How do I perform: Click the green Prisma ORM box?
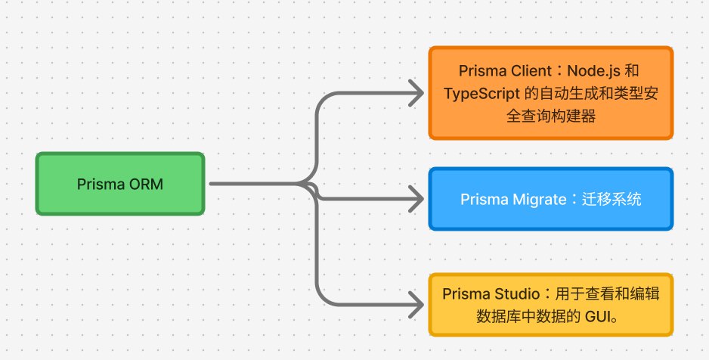pyautogui.click(x=120, y=184)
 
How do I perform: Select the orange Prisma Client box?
pyautogui.click(x=550, y=93)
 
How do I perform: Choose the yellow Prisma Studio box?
pyautogui.click(x=550, y=304)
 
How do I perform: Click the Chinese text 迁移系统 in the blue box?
pyautogui.click(x=613, y=200)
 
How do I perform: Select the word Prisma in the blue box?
pyautogui.click(x=484, y=200)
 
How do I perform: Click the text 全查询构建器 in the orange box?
pyautogui.click(x=550, y=117)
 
